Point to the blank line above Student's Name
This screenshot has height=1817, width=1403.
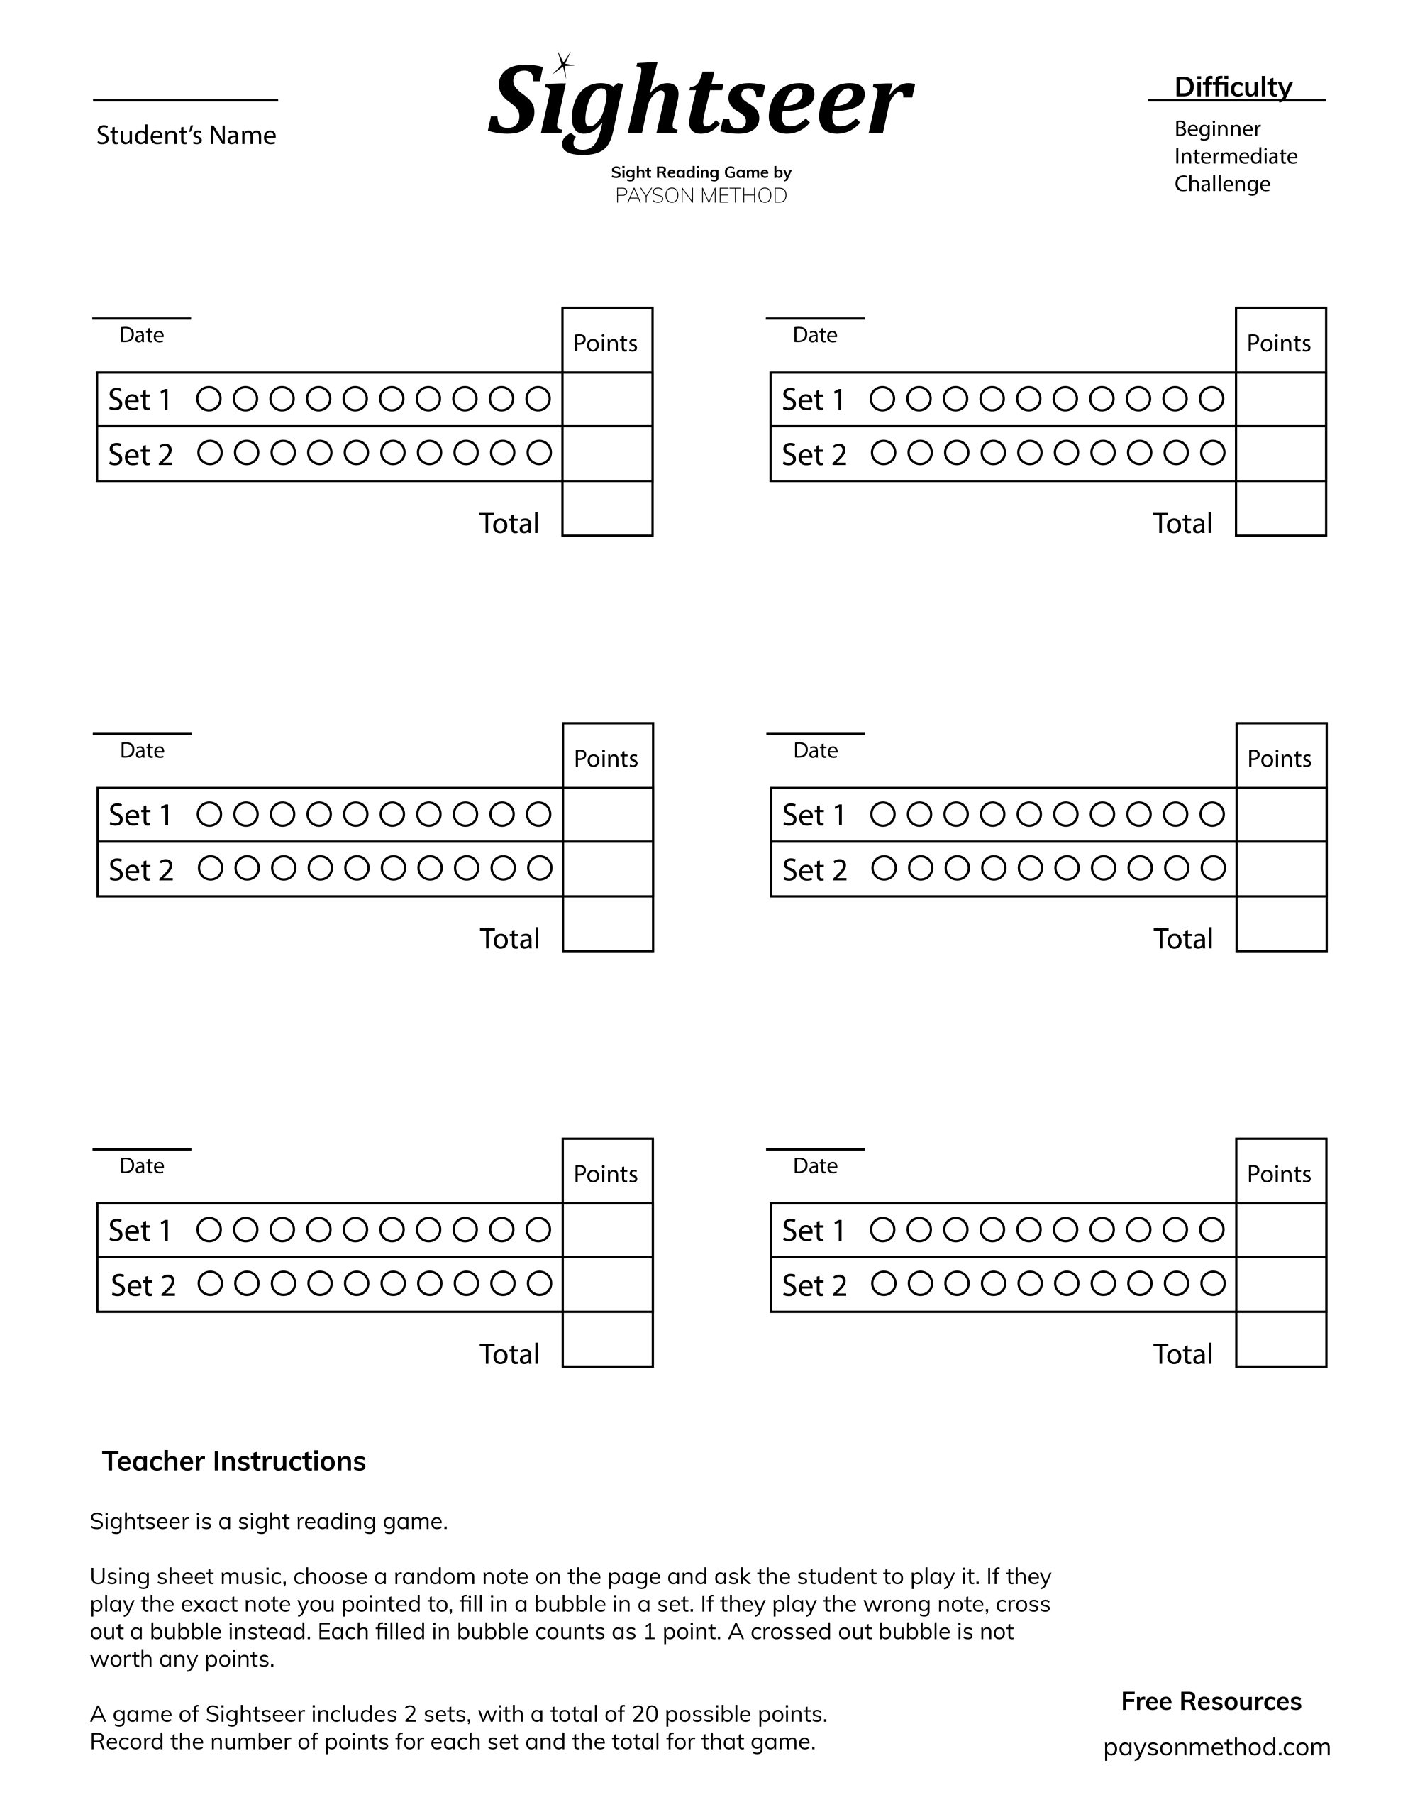184,101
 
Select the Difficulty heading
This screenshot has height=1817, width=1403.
1233,87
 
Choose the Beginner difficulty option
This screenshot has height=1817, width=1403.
1216,129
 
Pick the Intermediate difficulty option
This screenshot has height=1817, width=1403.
1235,156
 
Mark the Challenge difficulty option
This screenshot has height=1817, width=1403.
1221,184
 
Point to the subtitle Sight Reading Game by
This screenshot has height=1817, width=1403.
700,173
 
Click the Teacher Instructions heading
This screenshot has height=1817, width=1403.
233,1461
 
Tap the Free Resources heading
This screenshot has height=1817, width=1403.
1211,1701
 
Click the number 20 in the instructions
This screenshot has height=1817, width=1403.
645,1714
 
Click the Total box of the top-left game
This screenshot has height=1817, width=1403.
607,508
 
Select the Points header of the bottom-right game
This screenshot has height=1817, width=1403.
1279,1174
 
